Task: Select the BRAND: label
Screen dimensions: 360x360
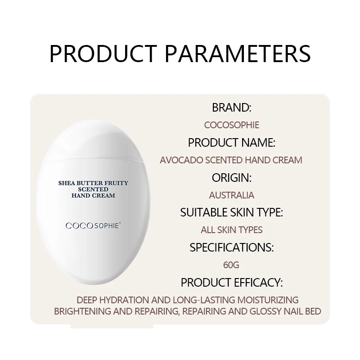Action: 231,108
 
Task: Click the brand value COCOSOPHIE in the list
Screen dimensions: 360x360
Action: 231,125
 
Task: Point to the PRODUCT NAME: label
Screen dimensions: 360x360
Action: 231,143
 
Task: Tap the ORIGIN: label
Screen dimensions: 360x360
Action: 231,177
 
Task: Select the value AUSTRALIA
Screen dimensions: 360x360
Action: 231,195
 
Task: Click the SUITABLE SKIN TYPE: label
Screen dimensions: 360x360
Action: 231,212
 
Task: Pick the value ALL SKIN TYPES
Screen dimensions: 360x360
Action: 231,230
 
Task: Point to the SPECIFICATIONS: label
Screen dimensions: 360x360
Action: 231,247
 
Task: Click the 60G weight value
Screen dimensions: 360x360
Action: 231,265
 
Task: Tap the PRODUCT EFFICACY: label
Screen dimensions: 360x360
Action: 231,283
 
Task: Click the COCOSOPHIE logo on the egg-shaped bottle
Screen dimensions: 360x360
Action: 92,225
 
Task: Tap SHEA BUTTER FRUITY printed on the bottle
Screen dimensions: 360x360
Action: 94,183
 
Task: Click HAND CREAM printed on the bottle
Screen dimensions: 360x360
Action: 94,196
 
